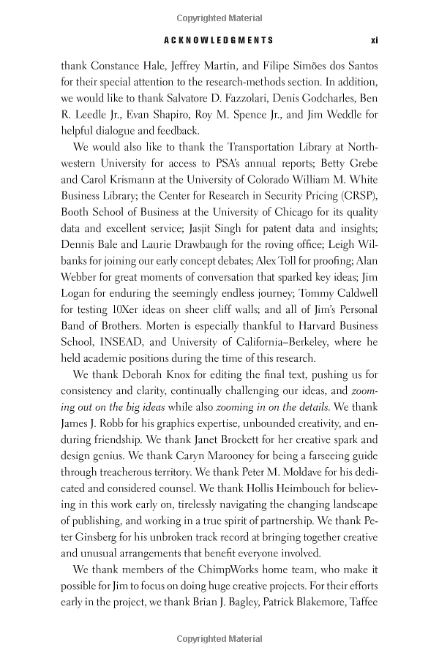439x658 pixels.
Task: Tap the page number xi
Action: point(373,41)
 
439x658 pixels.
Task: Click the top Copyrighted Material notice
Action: point(219,17)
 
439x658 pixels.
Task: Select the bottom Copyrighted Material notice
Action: point(219,638)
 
